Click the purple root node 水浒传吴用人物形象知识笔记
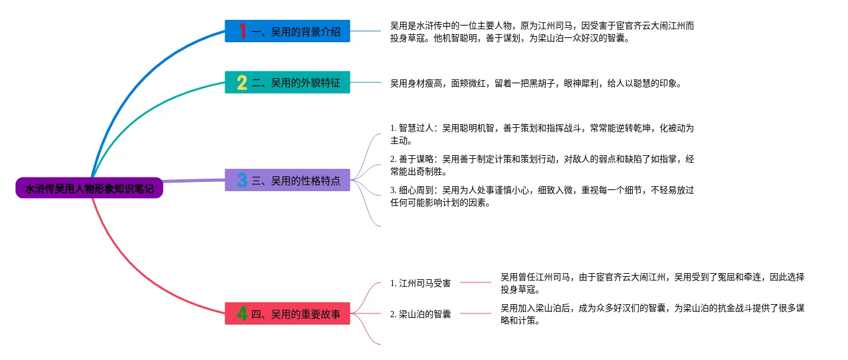pos(89,188)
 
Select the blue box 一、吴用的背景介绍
pos(287,31)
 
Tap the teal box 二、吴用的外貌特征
pos(287,82)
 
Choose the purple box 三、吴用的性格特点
pos(287,180)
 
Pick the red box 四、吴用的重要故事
pos(287,313)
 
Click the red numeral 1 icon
pos(242,31)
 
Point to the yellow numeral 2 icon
pos(242,82)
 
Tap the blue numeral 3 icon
pos(242,180)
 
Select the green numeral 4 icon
pos(242,313)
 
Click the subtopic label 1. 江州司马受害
pos(421,283)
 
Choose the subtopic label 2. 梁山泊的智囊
pos(421,314)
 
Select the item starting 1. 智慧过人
pos(542,134)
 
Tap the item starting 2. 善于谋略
pos(542,165)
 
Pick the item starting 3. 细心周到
pos(542,196)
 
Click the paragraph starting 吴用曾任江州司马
pos(652,283)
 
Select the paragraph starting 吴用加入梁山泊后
pos(652,314)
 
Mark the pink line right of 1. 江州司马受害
pos(476,282)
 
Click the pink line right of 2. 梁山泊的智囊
pos(476,313)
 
